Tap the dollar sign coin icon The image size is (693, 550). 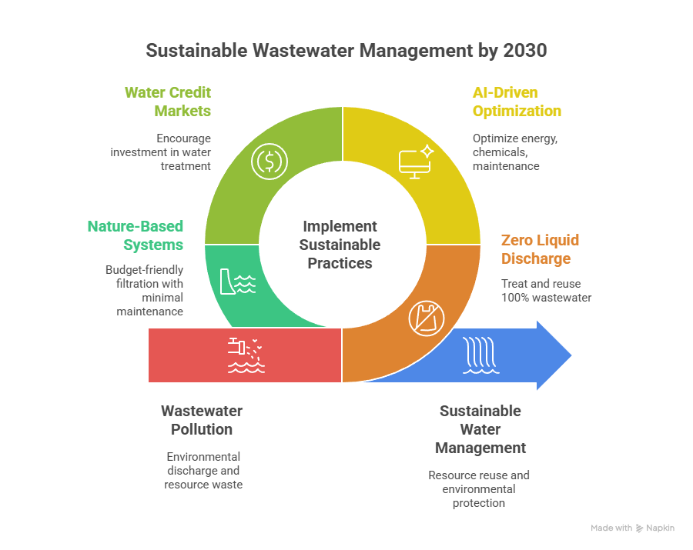click(270, 162)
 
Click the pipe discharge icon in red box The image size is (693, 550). click(246, 355)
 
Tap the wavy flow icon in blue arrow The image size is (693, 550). click(478, 355)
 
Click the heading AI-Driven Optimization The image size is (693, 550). click(516, 102)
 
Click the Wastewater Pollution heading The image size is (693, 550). click(202, 420)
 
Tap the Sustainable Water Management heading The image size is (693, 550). click(480, 429)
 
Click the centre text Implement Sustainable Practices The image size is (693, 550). click(340, 245)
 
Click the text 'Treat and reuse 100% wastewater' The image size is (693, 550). click(546, 290)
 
